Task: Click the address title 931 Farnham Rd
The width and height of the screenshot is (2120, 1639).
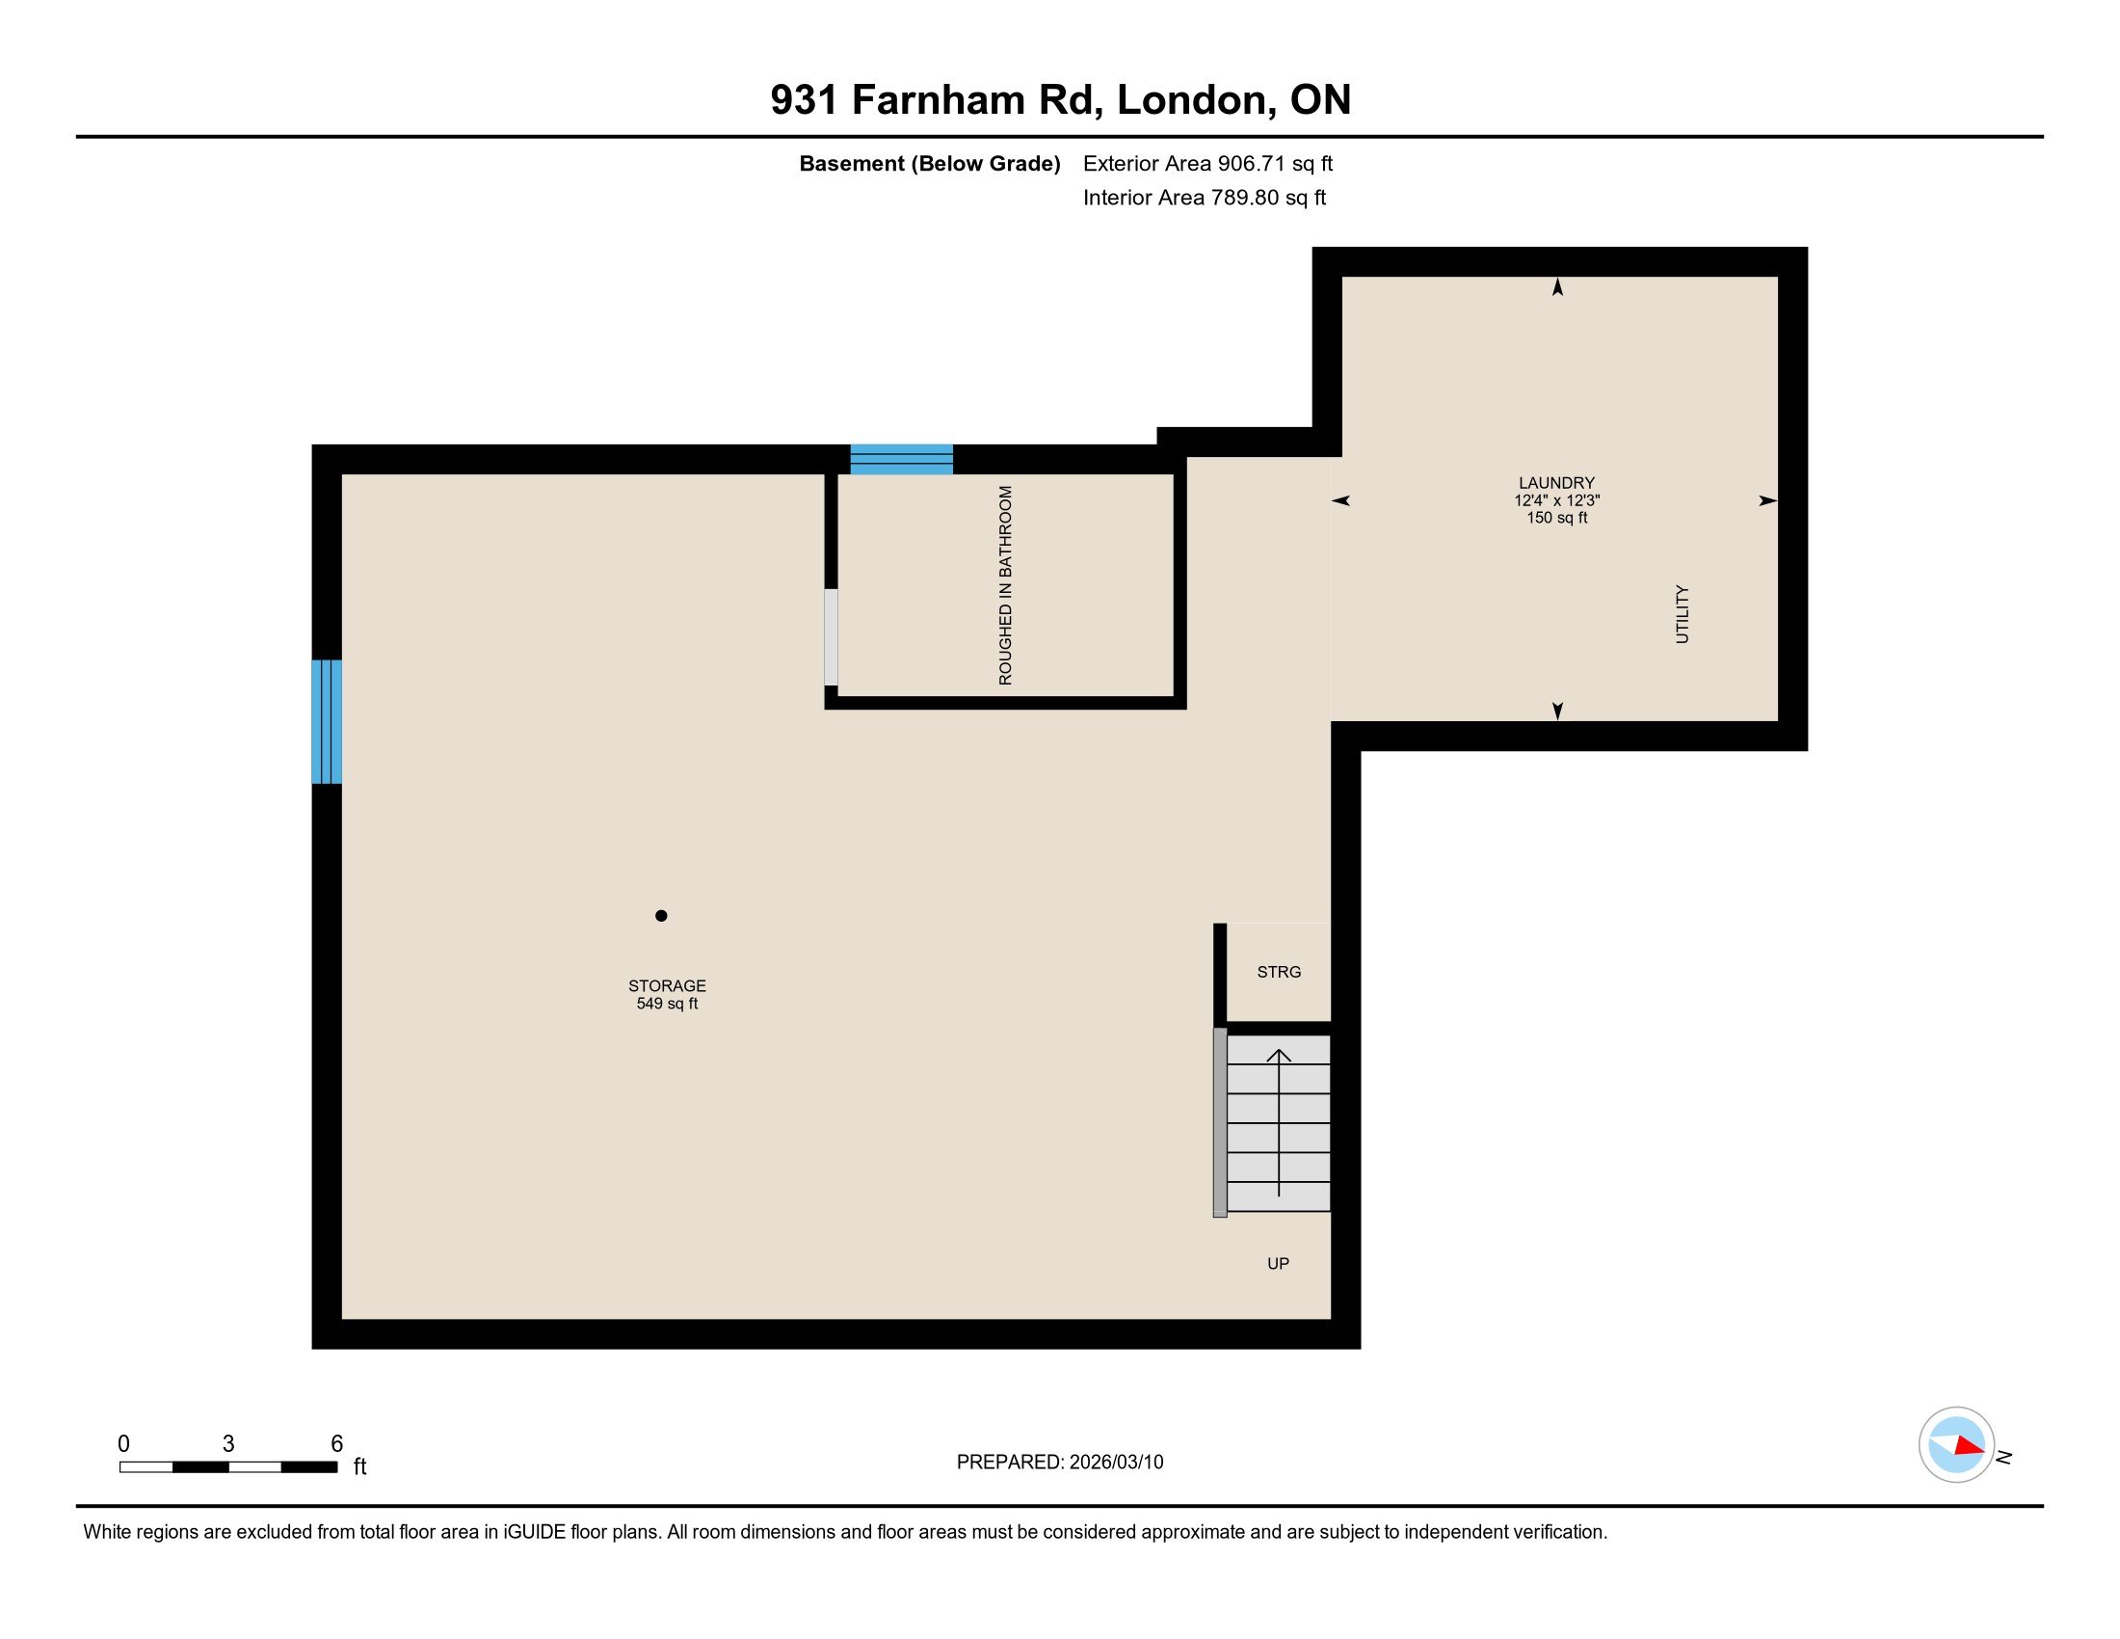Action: coord(1060,100)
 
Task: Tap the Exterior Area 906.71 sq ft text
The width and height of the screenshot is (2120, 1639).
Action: coord(1207,163)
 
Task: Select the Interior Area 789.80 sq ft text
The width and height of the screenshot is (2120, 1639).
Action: coord(1204,197)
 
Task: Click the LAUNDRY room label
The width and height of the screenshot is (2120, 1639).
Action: coord(1556,483)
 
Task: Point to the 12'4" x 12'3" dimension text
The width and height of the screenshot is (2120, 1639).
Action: coord(1556,500)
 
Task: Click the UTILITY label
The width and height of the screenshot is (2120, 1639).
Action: coord(1683,613)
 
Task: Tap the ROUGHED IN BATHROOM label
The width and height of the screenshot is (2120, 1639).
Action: coord(1006,585)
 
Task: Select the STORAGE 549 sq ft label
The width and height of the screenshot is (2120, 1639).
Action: coord(667,994)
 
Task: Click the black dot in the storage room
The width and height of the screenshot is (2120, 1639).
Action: coord(661,916)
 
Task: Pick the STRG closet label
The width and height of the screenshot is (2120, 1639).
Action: coord(1279,972)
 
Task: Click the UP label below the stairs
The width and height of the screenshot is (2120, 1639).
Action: coord(1278,1263)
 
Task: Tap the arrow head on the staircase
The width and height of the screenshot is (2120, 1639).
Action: coord(1279,1056)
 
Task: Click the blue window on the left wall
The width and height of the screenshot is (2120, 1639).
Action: coord(326,721)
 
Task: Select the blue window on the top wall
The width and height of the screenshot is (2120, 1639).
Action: coord(902,458)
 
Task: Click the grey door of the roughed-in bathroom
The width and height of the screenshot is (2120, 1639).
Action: coord(831,637)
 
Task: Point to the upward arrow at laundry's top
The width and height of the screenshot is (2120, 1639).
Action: coord(1558,287)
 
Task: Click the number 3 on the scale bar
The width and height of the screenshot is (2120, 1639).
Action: coord(228,1444)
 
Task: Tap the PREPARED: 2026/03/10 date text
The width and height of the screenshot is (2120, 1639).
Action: coord(1059,1463)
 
